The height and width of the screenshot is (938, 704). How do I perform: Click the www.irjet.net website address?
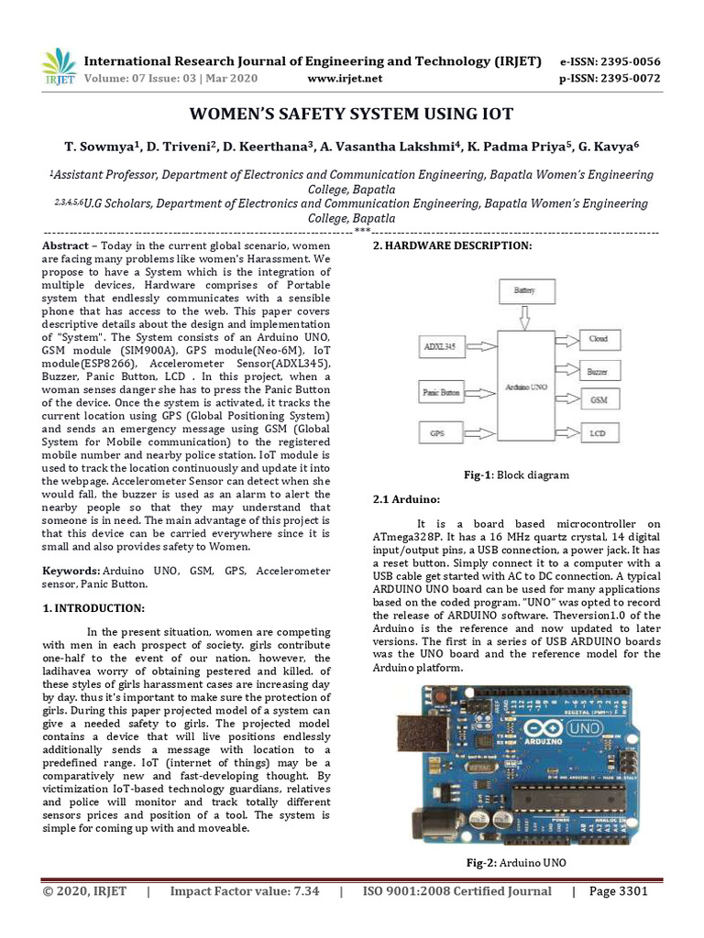pos(345,79)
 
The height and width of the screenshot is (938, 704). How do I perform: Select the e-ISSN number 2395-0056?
pos(610,61)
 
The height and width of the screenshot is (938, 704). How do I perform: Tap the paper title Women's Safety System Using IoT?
pos(351,115)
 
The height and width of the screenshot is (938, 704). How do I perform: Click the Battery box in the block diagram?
pos(524,290)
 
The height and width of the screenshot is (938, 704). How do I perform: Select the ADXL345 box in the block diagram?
pos(440,348)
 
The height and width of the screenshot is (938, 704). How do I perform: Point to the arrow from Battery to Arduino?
pos(524,317)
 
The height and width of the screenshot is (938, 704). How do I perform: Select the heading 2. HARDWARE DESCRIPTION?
pos(450,245)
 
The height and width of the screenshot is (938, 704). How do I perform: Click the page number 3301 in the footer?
pos(619,891)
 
